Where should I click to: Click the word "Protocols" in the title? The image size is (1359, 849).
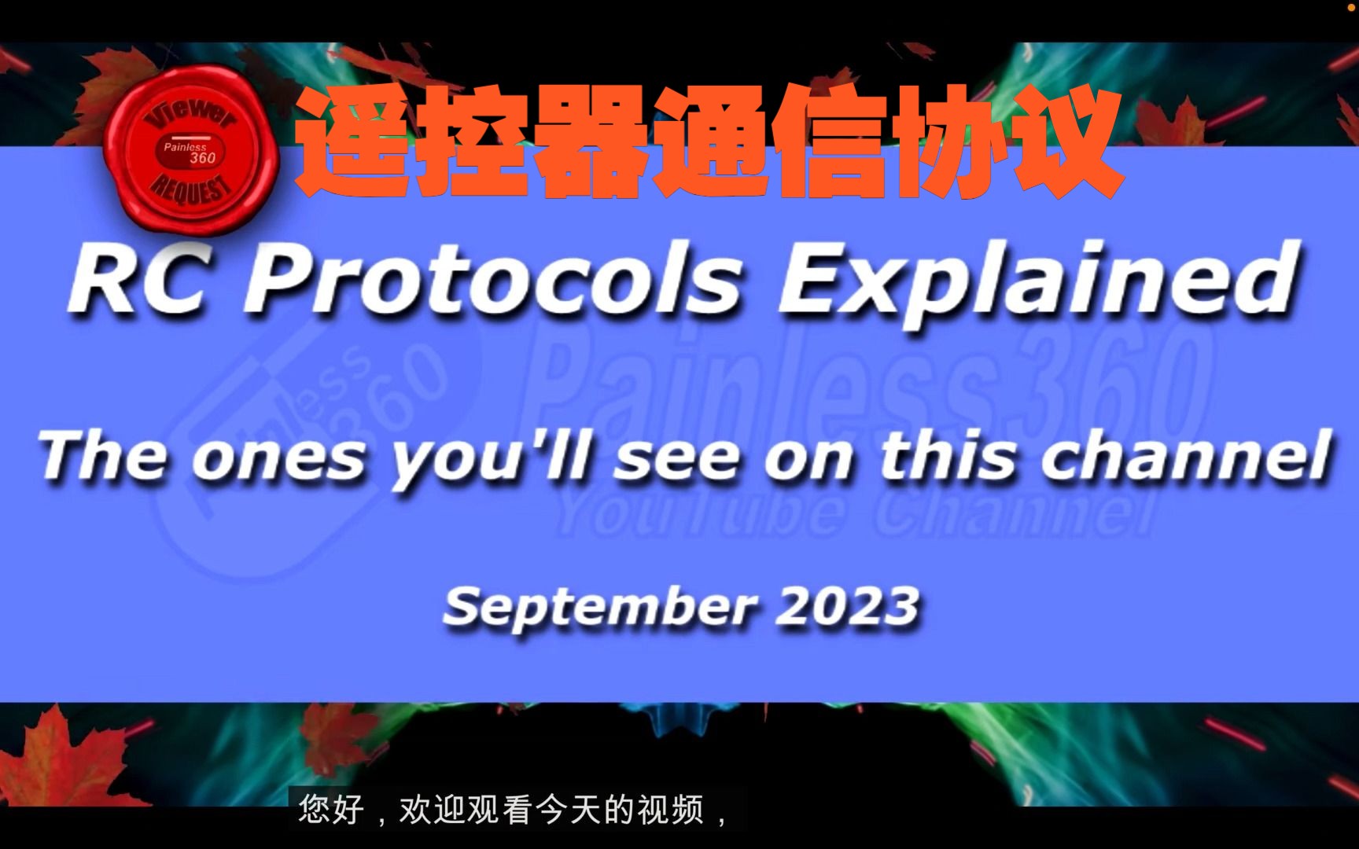click(x=494, y=281)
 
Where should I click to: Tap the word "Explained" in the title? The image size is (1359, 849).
click(x=1038, y=281)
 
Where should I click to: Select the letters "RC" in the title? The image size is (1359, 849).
click(x=138, y=281)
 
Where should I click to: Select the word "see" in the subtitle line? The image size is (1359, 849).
click(x=676, y=458)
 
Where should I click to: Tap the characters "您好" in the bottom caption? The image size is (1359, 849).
click(x=331, y=810)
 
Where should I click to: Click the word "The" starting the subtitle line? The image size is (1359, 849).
click(x=102, y=457)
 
